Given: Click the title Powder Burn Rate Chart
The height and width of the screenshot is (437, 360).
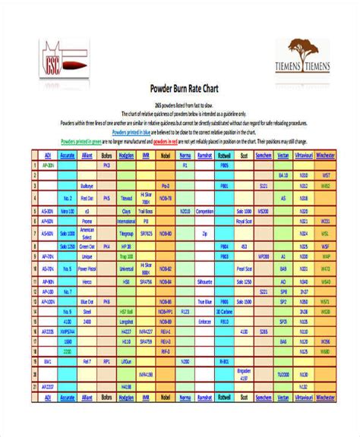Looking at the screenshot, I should point(181,87).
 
